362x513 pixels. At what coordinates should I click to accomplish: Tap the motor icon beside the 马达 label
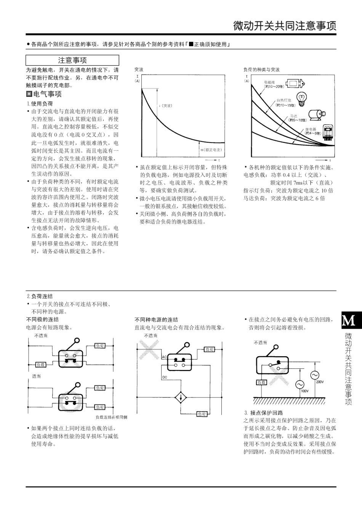click(316, 114)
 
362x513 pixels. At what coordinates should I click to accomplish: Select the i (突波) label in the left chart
click(165, 106)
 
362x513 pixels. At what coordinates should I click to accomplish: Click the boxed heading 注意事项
click(72, 60)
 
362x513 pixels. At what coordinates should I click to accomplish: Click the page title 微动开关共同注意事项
click(285, 26)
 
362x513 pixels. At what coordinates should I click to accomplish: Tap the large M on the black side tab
click(348, 321)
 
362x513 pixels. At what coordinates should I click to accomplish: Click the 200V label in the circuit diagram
click(320, 382)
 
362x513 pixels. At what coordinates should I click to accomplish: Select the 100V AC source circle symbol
click(300, 384)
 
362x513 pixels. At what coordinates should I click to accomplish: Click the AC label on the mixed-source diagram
click(165, 357)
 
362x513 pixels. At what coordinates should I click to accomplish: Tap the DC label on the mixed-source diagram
click(165, 377)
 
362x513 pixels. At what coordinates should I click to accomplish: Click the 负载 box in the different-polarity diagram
click(41, 365)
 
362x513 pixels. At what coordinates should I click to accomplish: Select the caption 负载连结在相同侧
click(111, 417)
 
